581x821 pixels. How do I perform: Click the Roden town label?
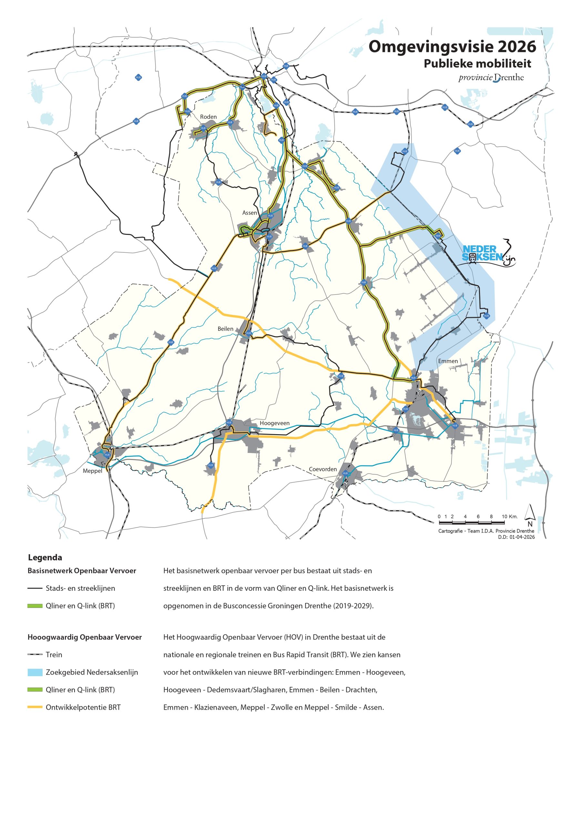click(208, 117)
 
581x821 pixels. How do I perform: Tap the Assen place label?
click(250, 213)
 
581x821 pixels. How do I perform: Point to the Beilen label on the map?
click(225, 329)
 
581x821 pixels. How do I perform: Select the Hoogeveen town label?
click(274, 423)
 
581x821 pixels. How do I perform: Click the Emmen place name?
click(448, 361)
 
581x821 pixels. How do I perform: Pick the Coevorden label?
click(323, 469)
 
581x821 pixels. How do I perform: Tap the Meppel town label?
click(92, 471)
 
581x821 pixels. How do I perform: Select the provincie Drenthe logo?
click(491, 78)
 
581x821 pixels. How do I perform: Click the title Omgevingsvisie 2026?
click(452, 46)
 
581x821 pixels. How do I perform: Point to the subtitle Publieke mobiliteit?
click(477, 64)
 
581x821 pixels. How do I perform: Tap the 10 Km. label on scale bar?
click(509, 516)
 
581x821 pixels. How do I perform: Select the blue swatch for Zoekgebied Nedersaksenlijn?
click(35, 672)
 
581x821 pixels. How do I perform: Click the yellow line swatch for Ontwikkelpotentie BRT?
click(35, 707)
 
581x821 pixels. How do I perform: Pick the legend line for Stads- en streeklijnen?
click(35, 588)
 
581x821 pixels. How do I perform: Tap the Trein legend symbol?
click(35, 655)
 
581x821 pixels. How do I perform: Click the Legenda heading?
click(45, 557)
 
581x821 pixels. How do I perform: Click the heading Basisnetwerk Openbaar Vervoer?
click(82, 571)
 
